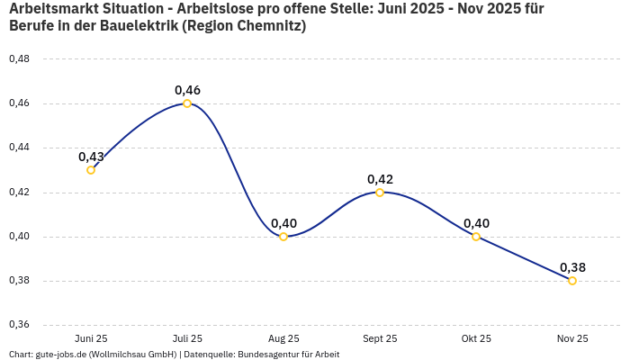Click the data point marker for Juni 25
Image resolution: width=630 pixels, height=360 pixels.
click(x=91, y=170)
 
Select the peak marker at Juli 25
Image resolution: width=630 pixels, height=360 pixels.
click(x=187, y=103)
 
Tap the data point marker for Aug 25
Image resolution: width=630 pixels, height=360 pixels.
click(x=283, y=237)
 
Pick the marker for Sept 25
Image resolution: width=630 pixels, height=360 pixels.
click(x=380, y=193)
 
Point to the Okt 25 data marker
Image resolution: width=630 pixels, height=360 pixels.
click(x=476, y=237)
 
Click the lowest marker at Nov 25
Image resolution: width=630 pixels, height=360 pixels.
click(x=572, y=281)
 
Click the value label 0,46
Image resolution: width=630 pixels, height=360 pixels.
click(x=187, y=90)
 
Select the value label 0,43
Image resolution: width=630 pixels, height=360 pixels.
click(x=91, y=157)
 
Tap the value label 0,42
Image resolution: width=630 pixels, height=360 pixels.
click(x=380, y=179)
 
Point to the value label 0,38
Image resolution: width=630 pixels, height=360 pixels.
click(x=572, y=267)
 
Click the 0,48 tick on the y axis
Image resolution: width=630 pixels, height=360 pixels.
click(x=19, y=59)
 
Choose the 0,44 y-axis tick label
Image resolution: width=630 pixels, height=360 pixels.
click(x=19, y=148)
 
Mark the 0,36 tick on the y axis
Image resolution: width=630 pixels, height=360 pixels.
click(x=19, y=325)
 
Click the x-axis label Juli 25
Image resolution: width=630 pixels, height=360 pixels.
click(x=187, y=338)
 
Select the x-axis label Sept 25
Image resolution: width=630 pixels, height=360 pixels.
click(x=380, y=338)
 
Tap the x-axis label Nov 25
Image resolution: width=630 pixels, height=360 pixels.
click(x=572, y=338)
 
